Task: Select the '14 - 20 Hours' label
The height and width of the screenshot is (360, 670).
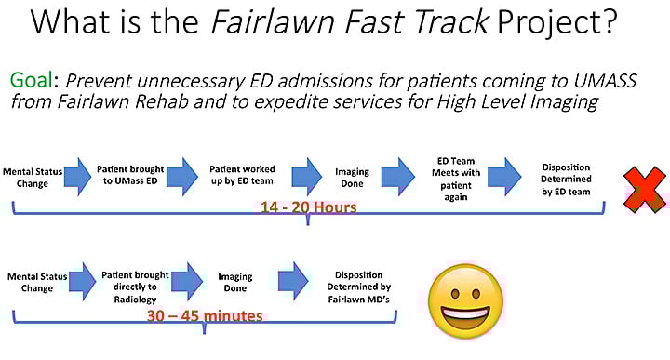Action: tap(306, 207)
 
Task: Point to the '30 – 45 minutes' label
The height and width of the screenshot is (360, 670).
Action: tap(205, 314)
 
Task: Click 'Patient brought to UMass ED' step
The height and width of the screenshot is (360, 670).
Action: tap(131, 175)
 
